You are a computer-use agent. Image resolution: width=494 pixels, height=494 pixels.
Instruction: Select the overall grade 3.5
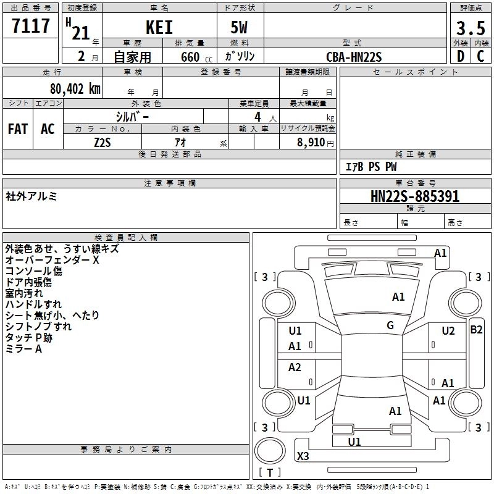(471, 28)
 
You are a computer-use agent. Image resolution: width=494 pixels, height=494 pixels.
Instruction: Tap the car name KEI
(159, 27)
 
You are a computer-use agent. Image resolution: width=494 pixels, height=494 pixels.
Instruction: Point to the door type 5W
(240, 28)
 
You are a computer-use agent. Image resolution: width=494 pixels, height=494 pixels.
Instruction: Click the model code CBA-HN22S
(354, 57)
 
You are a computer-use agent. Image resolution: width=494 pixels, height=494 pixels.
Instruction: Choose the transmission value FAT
(18, 129)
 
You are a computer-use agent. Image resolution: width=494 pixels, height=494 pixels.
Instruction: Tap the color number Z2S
(103, 142)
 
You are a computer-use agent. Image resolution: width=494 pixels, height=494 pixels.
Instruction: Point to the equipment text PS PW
(383, 167)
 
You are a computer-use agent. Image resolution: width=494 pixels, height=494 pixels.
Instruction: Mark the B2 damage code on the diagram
(476, 330)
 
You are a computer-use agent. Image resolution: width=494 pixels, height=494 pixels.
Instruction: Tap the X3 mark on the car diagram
(303, 456)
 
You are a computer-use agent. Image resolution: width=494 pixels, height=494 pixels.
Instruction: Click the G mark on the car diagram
(390, 325)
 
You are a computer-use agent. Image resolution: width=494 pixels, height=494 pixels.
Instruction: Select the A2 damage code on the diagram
(295, 367)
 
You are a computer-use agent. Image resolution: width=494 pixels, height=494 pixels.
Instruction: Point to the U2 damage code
(448, 331)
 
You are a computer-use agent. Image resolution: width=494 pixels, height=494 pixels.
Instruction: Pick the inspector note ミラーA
(23, 350)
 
